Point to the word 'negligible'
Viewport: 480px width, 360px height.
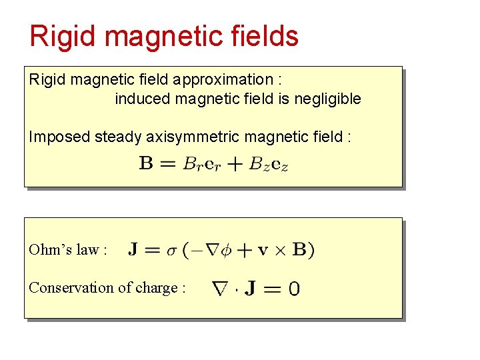[328, 99]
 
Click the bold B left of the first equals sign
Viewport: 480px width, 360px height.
[146, 163]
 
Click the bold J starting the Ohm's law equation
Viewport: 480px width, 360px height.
[134, 250]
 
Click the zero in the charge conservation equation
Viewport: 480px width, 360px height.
[294, 289]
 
